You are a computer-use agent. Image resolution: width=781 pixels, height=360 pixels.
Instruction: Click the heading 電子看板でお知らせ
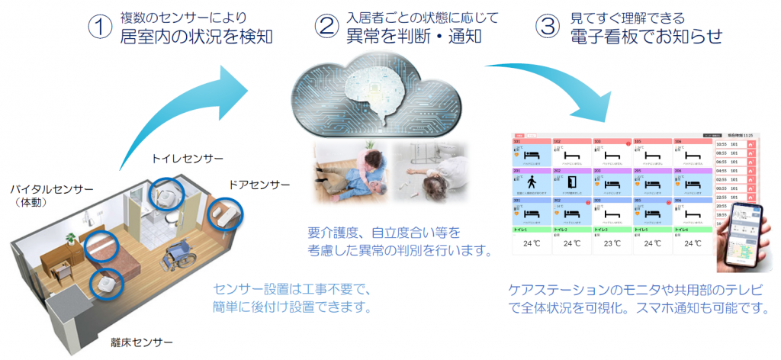pos(646,36)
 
